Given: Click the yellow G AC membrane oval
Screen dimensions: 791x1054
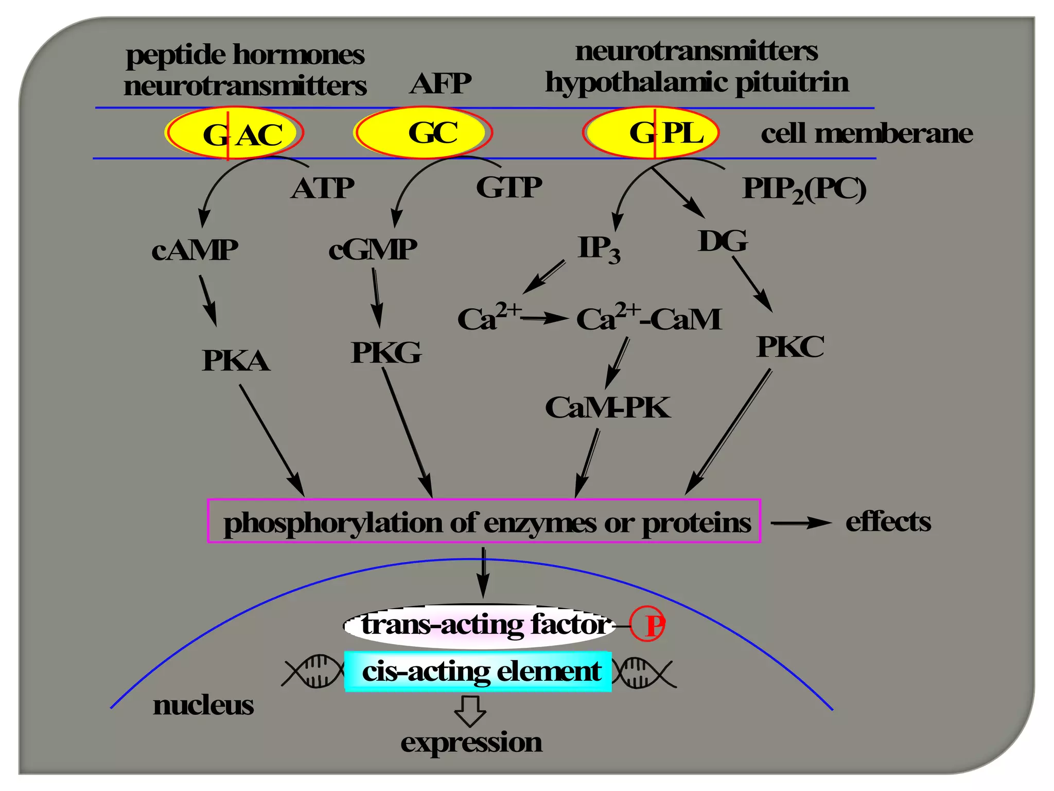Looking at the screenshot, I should (234, 133).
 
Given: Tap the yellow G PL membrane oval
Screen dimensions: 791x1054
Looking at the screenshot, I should (651, 132).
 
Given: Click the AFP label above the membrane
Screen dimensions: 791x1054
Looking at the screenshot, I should (440, 83).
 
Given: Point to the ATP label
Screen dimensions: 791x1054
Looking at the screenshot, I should (322, 188).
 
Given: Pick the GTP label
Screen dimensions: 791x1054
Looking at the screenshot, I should (508, 187).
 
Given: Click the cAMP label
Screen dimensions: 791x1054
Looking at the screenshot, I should (195, 250).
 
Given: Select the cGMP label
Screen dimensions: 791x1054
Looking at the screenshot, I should (373, 250).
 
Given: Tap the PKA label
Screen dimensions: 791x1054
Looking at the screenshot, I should (236, 360).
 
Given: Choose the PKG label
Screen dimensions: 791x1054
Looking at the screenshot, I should (386, 353).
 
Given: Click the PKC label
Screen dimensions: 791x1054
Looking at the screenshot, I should (790, 347).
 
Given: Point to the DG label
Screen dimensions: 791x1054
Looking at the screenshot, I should (723, 241).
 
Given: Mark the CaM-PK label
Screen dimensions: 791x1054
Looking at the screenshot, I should (607, 408).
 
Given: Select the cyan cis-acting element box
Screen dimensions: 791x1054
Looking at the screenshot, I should (478, 672).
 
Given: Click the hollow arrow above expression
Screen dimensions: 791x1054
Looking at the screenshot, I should (470, 711).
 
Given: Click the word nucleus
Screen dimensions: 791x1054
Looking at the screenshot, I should (203, 705).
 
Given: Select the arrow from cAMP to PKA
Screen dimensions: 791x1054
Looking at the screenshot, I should (208, 301).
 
